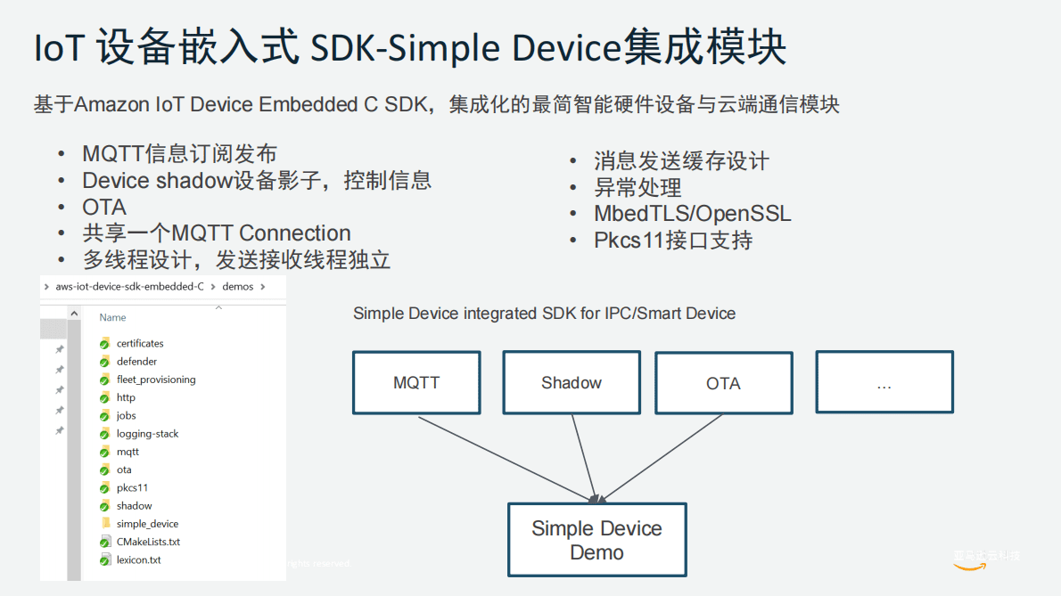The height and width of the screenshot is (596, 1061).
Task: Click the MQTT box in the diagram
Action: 416,382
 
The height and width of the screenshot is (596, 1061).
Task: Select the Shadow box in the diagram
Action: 572,382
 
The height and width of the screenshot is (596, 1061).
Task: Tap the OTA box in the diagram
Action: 723,383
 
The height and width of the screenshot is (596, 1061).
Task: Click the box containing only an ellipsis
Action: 884,382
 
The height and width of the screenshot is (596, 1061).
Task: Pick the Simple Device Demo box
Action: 596,540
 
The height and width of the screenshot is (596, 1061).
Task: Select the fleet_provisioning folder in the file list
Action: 155,380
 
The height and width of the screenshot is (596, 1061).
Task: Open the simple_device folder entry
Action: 147,524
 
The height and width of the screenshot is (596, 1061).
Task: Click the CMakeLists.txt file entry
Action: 148,542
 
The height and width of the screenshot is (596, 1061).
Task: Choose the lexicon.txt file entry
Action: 138,560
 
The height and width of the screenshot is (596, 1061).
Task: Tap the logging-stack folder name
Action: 147,434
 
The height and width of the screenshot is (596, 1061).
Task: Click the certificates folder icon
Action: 104,343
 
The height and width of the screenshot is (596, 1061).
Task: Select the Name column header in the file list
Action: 112,317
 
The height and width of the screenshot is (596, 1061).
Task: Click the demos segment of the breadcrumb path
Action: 237,287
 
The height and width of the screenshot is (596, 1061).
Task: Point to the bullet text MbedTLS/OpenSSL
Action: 692,214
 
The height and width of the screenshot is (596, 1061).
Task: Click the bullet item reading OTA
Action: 104,207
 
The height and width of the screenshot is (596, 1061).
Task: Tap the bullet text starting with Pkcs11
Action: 673,241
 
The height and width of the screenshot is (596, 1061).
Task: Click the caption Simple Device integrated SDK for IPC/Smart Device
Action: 544,314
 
